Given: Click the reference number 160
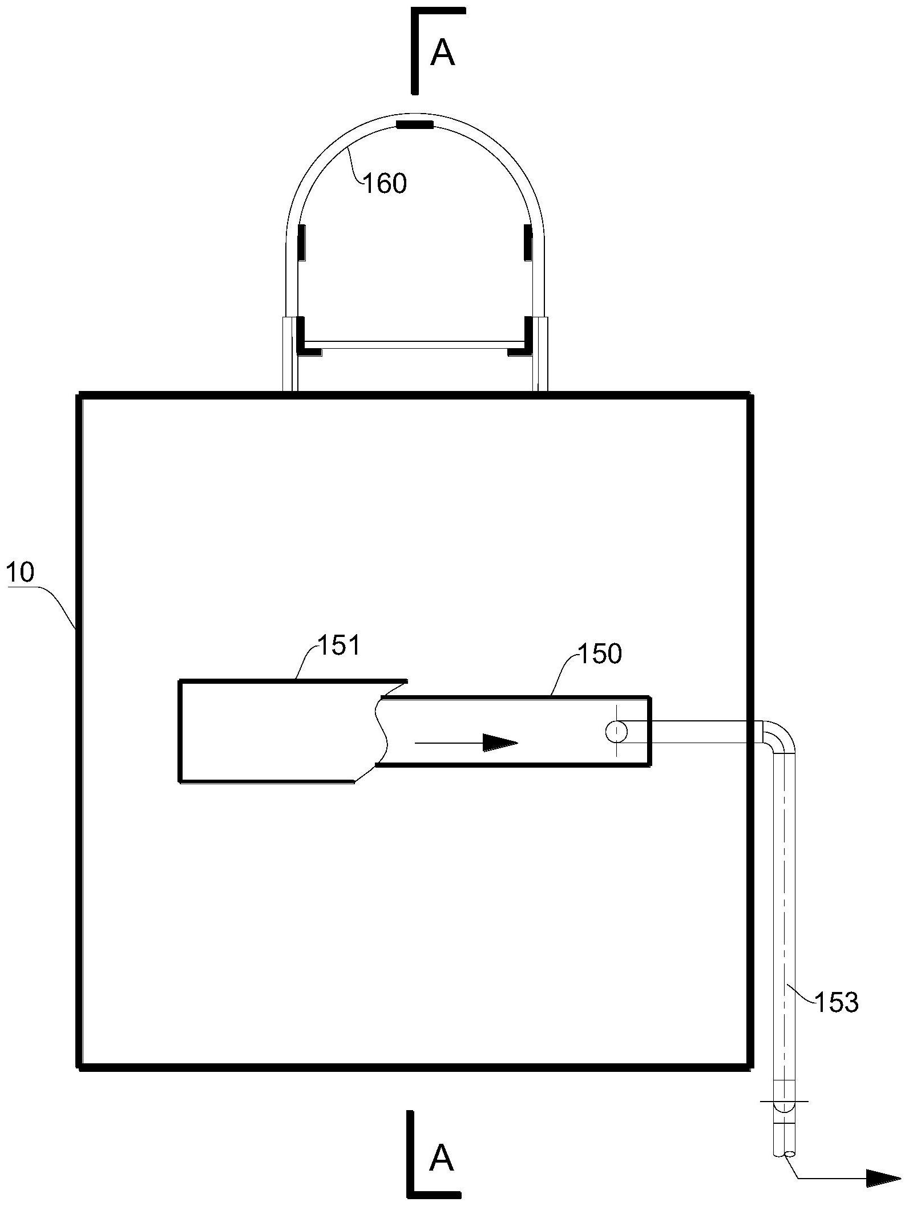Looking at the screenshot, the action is (x=385, y=184).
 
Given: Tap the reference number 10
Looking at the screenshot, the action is (x=21, y=572).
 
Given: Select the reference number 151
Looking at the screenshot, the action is (x=339, y=646).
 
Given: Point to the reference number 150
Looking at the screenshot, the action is (x=600, y=654).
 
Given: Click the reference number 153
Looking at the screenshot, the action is (x=837, y=1003).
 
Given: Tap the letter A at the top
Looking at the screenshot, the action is (x=442, y=54).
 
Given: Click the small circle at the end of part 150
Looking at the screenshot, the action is (x=616, y=731).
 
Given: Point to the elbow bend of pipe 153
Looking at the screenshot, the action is (x=779, y=737).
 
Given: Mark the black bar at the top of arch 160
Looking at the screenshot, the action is (x=415, y=125).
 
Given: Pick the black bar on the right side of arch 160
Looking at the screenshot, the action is (x=528, y=243).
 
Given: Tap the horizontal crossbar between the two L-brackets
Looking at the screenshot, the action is (x=415, y=345).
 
